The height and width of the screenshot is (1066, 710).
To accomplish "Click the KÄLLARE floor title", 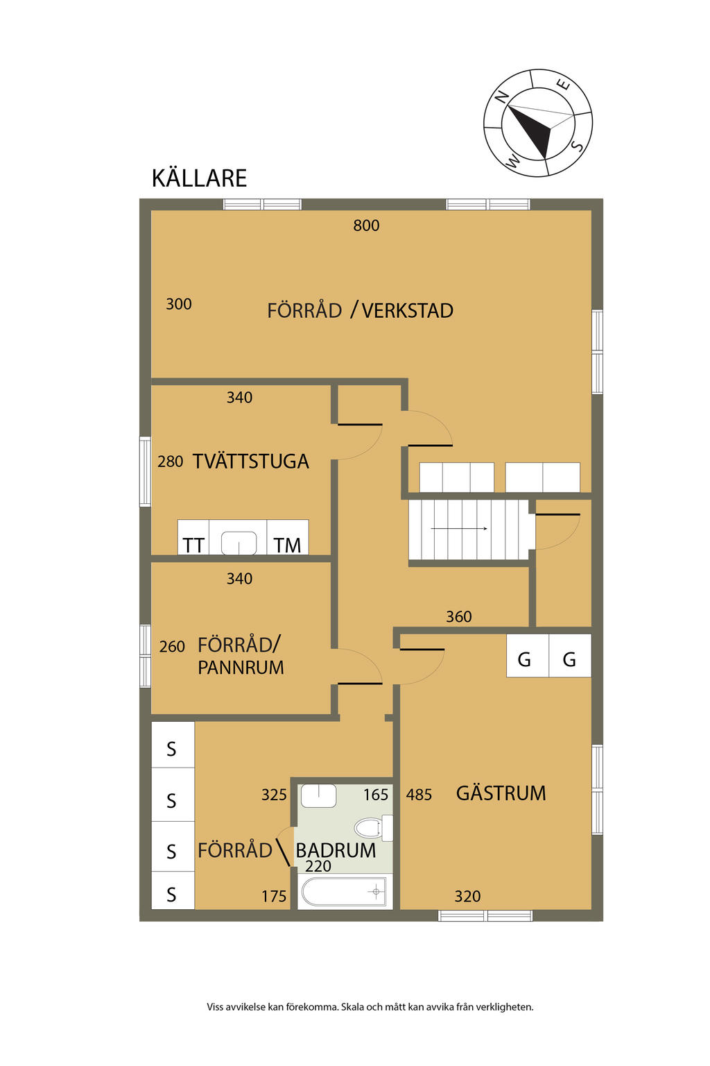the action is [x=199, y=178].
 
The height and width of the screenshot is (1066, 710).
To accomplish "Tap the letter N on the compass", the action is [x=501, y=96].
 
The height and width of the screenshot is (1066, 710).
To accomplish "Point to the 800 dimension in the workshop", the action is [x=366, y=226].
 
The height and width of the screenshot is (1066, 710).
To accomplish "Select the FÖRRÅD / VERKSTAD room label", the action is [x=360, y=311].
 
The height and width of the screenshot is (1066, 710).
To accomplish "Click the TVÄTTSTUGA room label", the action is [x=250, y=461].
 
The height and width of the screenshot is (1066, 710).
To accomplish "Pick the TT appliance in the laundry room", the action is [x=193, y=545].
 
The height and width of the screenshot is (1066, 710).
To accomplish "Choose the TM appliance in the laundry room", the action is [x=287, y=545].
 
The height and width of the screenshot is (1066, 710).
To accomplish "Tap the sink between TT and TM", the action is [x=239, y=543].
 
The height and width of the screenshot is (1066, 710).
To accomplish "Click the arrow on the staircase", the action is [x=459, y=529].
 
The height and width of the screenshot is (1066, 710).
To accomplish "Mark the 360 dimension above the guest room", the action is [x=459, y=617].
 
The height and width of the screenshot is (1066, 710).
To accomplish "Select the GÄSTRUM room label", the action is [x=501, y=793].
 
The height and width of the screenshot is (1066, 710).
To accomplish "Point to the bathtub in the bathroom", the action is [x=344, y=892].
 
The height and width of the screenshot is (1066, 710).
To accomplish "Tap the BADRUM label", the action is [x=336, y=850].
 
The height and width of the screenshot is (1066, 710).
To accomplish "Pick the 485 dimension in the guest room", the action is [x=419, y=795].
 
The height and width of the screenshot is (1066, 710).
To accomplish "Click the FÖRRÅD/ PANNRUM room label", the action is [x=241, y=657].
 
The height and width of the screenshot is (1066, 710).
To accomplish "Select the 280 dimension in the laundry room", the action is [x=171, y=462].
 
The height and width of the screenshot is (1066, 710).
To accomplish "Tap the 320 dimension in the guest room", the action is [x=467, y=897].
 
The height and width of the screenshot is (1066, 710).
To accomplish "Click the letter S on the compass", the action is [x=578, y=146].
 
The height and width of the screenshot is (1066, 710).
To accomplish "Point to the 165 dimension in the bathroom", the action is [x=376, y=795].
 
